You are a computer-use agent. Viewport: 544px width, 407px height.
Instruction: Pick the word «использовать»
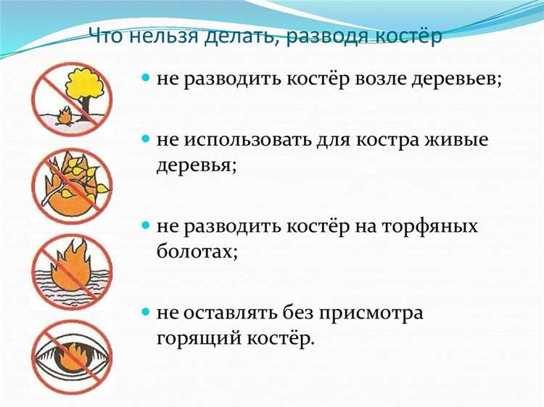[258, 139]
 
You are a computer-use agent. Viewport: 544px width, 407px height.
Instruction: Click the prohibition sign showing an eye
[72, 357]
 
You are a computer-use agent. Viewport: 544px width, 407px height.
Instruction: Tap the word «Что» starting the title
[106, 36]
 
